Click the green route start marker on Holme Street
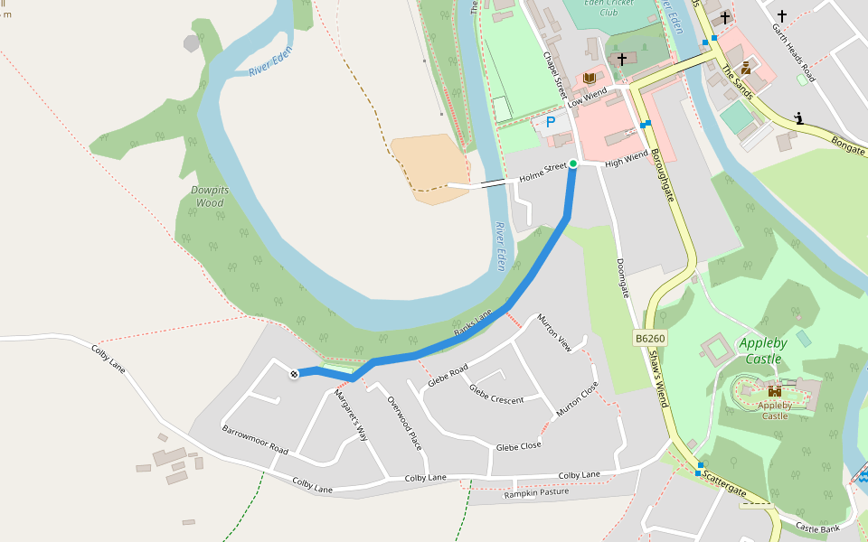(572, 164)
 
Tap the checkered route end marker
(294, 374)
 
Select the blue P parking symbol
(550, 121)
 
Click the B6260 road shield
(649, 338)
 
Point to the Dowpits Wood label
(209, 196)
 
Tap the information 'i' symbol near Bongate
(799, 117)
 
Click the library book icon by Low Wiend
(590, 79)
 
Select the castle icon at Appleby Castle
(774, 391)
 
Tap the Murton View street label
(554, 332)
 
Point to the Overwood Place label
(404, 423)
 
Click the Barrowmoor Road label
(254, 440)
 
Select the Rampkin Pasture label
(536, 493)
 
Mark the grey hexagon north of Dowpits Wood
(192, 42)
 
